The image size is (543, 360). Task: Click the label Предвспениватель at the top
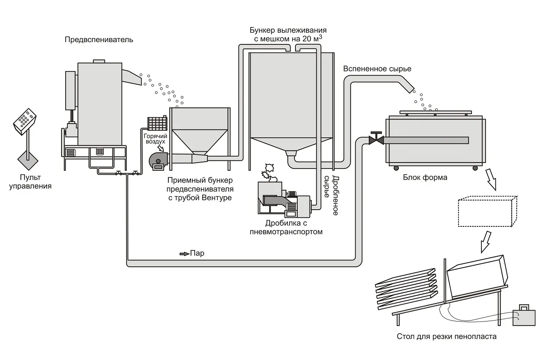(x=99, y=40)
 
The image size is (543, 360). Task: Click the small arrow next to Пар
(x=184, y=254)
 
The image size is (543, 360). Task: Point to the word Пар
(x=197, y=254)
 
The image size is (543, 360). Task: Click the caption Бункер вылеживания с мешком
(x=288, y=35)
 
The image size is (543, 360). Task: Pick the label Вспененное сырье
(x=377, y=69)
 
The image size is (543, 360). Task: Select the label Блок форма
(x=424, y=178)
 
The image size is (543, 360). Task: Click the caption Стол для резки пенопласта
(x=446, y=336)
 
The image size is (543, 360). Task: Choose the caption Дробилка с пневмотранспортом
(x=286, y=227)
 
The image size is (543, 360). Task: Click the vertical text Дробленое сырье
(x=331, y=195)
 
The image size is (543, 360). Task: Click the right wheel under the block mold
(x=475, y=168)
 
